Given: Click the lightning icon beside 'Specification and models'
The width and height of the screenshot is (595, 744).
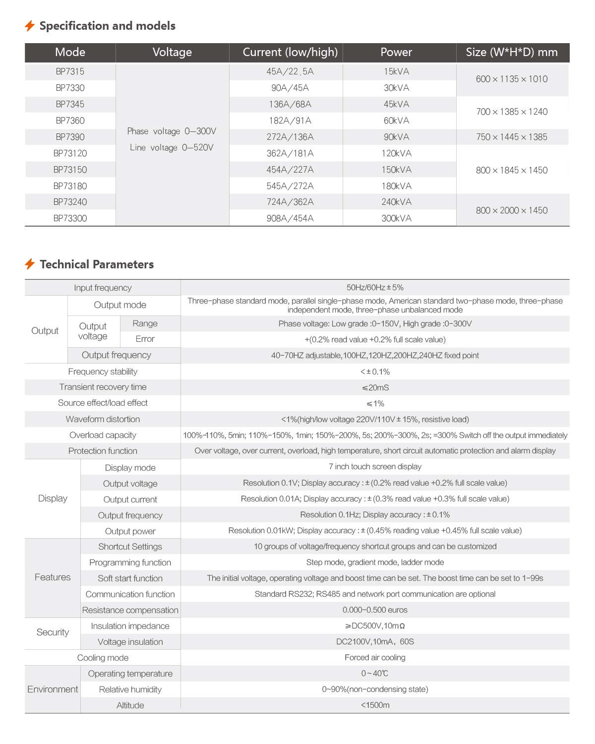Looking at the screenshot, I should (x=30, y=26).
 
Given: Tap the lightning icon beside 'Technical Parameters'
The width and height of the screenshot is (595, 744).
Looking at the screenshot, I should (x=30, y=264).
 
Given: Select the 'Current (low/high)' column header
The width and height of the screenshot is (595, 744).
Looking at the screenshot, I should (x=290, y=52).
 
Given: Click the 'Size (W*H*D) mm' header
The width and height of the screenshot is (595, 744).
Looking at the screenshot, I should (x=512, y=52).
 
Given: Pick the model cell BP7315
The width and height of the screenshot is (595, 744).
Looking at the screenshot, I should (x=70, y=71).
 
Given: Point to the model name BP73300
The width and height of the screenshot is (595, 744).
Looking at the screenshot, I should (x=70, y=218).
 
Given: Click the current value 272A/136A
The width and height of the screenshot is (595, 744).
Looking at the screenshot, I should (x=290, y=137).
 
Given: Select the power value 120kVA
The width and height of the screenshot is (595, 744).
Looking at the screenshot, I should (x=396, y=153).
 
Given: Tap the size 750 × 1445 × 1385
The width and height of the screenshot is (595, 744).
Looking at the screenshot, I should (x=512, y=137).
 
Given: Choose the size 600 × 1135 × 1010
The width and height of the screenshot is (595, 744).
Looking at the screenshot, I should (x=512, y=79).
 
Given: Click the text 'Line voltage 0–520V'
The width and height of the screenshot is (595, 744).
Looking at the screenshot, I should (x=172, y=147).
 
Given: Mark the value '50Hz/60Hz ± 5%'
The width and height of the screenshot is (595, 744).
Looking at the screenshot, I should (x=375, y=288).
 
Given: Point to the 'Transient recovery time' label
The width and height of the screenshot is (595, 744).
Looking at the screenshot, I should (x=103, y=387).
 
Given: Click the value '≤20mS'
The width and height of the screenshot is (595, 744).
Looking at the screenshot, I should (x=375, y=387).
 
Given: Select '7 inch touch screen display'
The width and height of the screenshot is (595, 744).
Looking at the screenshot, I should (x=375, y=467).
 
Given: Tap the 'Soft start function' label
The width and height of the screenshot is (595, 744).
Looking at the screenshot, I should (x=130, y=578).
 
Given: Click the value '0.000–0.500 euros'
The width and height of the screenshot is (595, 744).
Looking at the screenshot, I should (x=375, y=610).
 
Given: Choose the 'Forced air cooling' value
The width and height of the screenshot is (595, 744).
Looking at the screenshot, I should (x=375, y=658).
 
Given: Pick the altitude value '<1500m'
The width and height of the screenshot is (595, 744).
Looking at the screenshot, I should (x=375, y=705).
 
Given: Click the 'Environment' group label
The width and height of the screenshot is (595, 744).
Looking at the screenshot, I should (x=53, y=689).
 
